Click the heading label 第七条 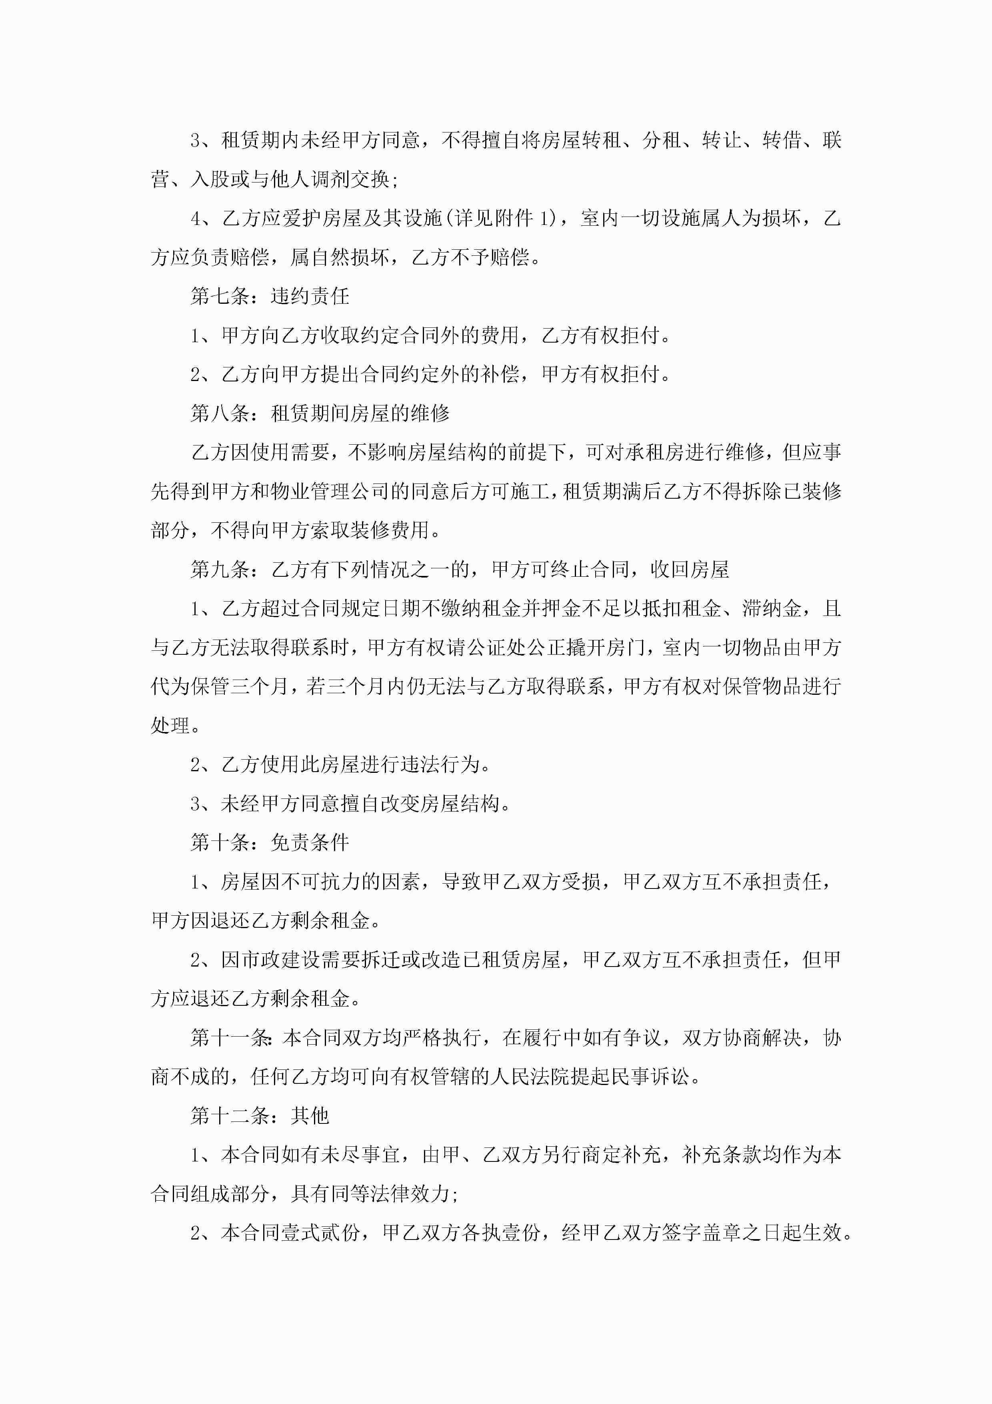point(220,297)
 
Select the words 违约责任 point(310,297)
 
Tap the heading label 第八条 point(220,413)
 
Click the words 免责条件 point(310,842)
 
